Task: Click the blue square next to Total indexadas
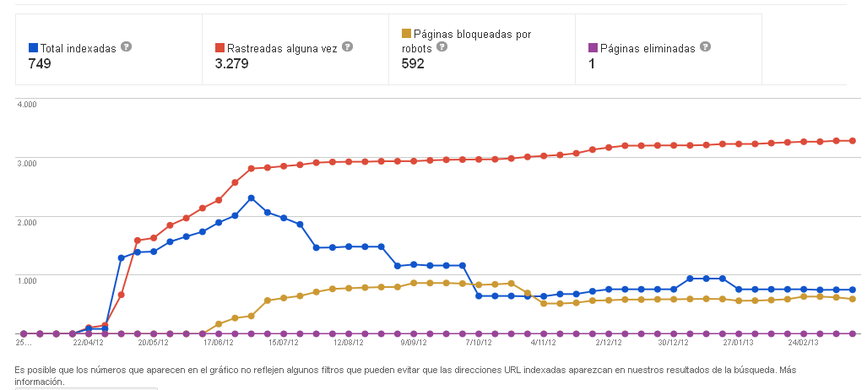pos(33,48)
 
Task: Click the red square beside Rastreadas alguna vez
pos(219,48)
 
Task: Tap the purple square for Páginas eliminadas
pos(593,48)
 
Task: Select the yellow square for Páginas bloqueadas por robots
pos(406,34)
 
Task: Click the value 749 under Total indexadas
pos(40,63)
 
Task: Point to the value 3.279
pos(231,63)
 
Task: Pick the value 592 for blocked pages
pos(413,63)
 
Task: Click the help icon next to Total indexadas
pos(126,47)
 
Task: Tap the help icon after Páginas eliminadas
pos(706,47)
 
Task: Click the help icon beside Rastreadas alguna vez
pos(347,47)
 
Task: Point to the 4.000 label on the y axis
pos(26,105)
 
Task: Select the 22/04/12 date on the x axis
pos(89,343)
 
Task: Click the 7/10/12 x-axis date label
pos(479,343)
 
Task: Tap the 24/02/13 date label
pos(805,343)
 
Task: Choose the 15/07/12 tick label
pos(284,343)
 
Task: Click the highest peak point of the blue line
pos(252,198)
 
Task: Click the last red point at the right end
pos(853,141)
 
